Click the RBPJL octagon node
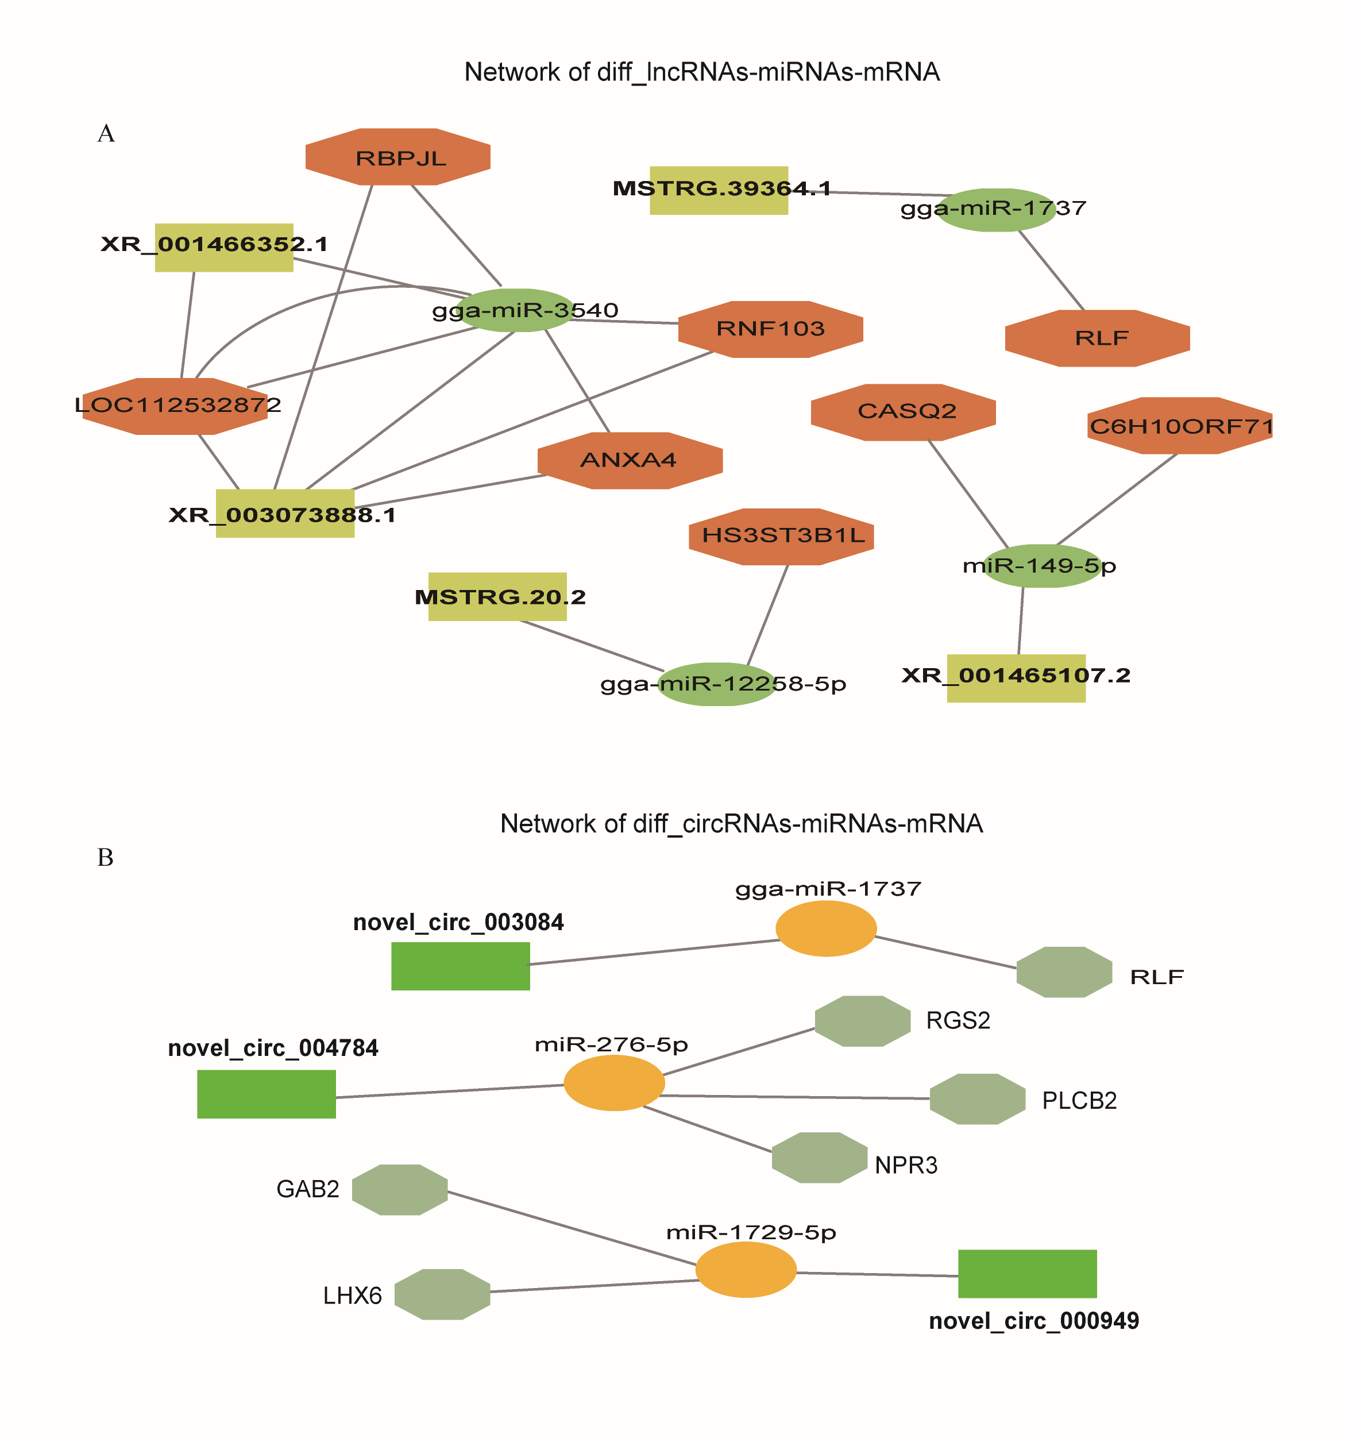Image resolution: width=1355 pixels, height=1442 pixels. [397, 157]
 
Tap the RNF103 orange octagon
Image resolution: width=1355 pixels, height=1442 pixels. [770, 329]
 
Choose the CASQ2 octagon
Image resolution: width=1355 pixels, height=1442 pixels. [903, 412]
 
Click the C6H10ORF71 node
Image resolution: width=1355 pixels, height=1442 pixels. [1180, 426]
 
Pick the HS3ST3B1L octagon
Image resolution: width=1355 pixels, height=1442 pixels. [781, 536]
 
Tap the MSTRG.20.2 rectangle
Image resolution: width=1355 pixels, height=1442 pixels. [497, 596]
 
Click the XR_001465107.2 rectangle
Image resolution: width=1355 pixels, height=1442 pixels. [1016, 677]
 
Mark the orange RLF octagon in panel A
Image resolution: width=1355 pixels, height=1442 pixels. [1098, 338]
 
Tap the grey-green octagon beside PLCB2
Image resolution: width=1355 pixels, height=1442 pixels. [977, 1099]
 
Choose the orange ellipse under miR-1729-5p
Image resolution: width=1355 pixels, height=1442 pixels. [746, 1270]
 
